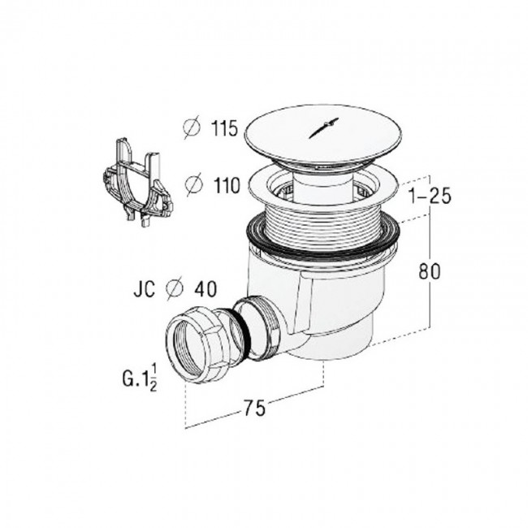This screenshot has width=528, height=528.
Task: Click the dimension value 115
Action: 224,128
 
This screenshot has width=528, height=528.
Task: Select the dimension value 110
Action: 227,185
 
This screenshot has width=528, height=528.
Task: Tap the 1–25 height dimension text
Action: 430,196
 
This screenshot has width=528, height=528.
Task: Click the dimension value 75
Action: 254,408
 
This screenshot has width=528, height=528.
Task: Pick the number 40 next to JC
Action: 206,289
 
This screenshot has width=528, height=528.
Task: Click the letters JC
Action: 145,289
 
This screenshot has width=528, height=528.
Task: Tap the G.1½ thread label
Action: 140,379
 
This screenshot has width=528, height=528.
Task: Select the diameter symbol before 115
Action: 192,128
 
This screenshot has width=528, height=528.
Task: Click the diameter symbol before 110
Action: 195,185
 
